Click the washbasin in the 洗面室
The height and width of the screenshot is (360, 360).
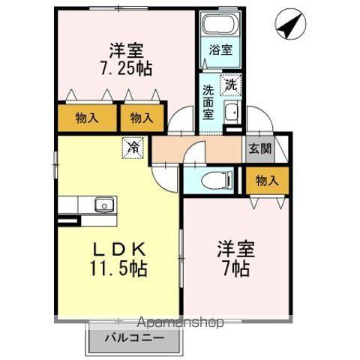pos(231,114)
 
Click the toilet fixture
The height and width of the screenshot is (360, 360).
pos(214,181)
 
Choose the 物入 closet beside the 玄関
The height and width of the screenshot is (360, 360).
pos(267,180)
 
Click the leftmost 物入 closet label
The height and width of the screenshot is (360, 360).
pos(87,118)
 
